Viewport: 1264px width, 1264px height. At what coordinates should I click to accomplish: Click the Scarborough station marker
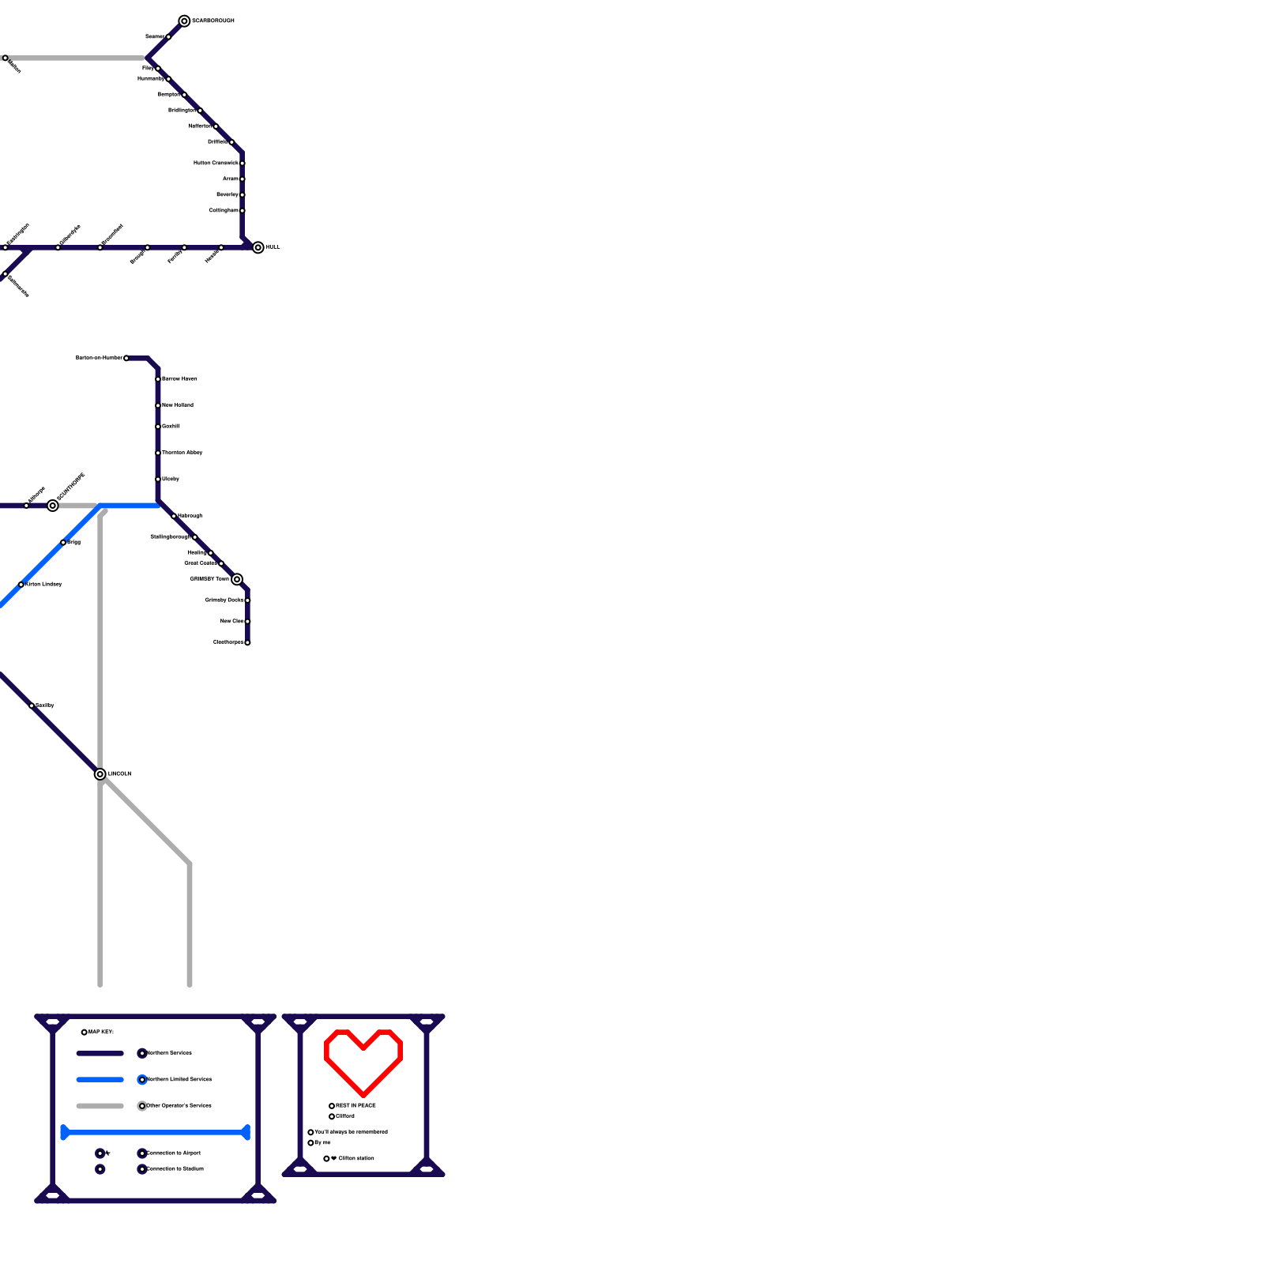184,21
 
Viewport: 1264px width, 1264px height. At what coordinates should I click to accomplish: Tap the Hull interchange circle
258,247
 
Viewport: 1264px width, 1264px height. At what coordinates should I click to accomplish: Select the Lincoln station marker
100,774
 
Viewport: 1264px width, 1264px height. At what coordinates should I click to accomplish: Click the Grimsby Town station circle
237,579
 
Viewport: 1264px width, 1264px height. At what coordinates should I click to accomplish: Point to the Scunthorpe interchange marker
53,506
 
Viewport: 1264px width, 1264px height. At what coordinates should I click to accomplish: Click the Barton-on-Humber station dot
126,358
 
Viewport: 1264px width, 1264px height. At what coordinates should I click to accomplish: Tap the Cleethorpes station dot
247,642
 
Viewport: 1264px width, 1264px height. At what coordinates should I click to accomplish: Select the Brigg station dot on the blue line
63,543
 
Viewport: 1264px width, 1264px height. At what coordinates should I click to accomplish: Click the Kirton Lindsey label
44,585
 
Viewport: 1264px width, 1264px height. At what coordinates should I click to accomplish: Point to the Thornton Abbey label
182,453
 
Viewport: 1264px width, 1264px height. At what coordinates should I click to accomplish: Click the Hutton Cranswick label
216,164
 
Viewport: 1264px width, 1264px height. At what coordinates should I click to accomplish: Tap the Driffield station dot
231,142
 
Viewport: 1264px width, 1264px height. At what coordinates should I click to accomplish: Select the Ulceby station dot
158,480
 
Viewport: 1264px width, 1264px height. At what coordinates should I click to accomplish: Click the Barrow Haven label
179,379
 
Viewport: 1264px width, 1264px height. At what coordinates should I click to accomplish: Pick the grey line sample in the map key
100,1106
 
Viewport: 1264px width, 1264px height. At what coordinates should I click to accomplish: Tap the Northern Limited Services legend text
179,1079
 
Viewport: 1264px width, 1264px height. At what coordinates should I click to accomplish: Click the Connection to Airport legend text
174,1153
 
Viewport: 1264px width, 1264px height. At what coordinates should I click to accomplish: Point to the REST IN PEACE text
356,1106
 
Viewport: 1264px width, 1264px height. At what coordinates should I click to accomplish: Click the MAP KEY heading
101,1033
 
